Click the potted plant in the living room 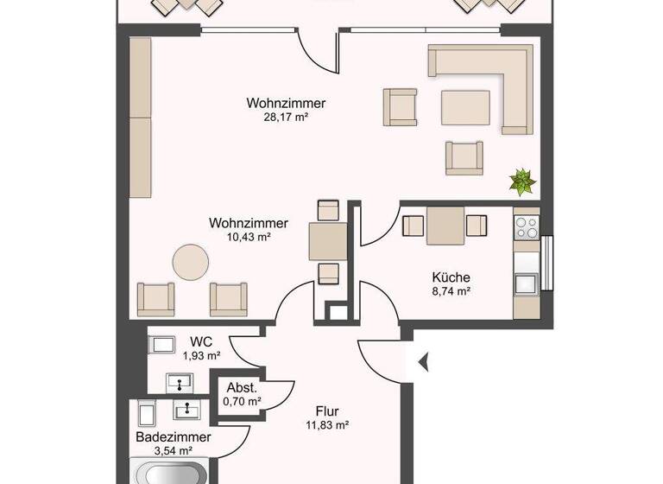point(522,181)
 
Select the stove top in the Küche point(525,228)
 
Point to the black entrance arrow point(423,363)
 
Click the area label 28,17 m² point(285,118)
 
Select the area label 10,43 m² point(249,237)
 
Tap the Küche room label point(451,277)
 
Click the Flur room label point(326,411)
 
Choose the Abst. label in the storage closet point(241,388)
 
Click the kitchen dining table point(446,226)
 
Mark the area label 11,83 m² point(326,424)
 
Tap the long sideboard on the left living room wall point(140,117)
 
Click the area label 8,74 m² point(451,292)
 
